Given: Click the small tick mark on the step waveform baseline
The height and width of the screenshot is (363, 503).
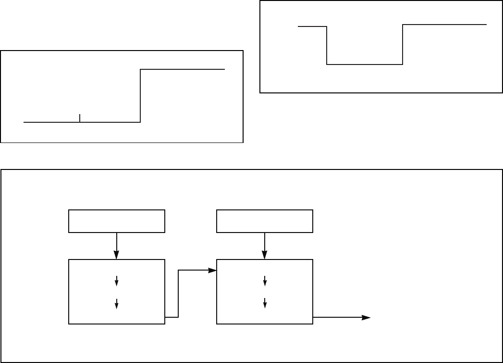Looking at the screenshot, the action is click(80, 118).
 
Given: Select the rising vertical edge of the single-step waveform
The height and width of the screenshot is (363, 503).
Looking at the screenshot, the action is click(140, 96).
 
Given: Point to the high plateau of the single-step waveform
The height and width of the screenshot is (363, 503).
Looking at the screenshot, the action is click(183, 70).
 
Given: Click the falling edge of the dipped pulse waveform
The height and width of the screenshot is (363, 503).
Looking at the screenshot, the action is click(327, 46).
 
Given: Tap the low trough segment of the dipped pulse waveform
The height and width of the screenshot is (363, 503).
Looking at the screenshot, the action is click(364, 64).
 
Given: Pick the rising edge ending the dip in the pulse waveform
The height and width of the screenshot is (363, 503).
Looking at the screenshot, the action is click(402, 44).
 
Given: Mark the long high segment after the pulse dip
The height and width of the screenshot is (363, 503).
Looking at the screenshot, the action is click(444, 24).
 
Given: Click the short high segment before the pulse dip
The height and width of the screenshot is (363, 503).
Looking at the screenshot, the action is click(312, 27).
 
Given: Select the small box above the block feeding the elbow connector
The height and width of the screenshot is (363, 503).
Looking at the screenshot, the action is click(117, 221).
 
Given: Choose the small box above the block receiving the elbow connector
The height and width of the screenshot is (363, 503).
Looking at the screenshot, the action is click(265, 221).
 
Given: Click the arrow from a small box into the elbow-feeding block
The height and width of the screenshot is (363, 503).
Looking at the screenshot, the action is click(117, 246).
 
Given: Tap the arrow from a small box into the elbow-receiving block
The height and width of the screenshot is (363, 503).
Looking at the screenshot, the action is click(265, 246).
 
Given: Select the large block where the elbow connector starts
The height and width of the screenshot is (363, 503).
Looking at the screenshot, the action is click(117, 292).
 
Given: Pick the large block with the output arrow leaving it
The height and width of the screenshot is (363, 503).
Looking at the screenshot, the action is click(265, 292).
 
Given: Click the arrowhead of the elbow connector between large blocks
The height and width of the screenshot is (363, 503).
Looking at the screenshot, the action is click(212, 271).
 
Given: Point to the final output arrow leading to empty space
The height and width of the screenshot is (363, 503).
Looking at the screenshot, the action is click(342, 318).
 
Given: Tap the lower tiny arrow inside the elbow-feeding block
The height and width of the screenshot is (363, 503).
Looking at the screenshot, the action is click(117, 303).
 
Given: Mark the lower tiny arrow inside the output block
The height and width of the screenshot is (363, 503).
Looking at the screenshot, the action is click(265, 303).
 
